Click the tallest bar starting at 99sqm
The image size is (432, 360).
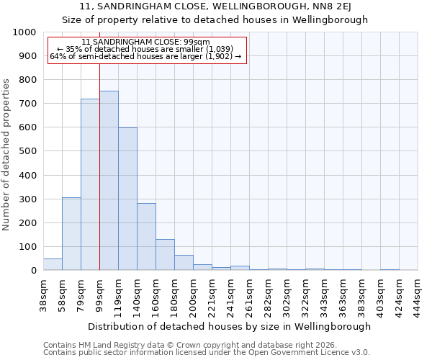tap(109, 180)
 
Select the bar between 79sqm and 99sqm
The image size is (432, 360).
tap(90, 184)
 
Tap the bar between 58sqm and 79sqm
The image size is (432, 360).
tap(71, 233)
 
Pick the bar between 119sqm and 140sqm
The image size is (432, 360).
tap(127, 199)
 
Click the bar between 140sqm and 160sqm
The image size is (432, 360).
tap(146, 236)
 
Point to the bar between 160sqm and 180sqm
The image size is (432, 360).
tap(165, 254)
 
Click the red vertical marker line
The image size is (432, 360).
tap(99, 144)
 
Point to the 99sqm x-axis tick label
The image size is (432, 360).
tap(99, 292)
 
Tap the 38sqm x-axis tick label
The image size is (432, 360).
tap(43, 292)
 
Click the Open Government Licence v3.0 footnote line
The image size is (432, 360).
tap(207, 352)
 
